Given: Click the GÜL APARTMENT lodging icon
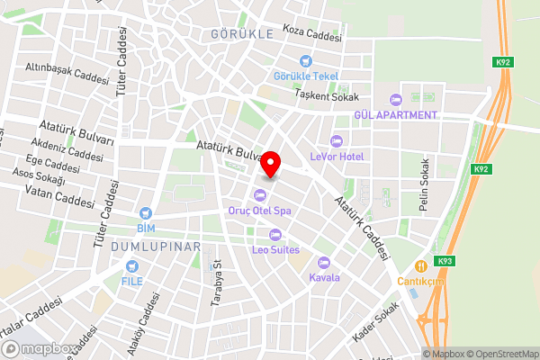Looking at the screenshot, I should tap(392, 99).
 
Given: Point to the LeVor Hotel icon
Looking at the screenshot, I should tap(337, 140).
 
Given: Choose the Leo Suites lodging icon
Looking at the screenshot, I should tap(261, 235).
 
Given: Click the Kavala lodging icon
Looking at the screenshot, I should tap(325, 262).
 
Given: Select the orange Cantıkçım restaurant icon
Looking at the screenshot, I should tap(420, 266).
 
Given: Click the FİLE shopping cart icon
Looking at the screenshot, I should tap(132, 266).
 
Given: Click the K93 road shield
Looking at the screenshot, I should tap(443, 261).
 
